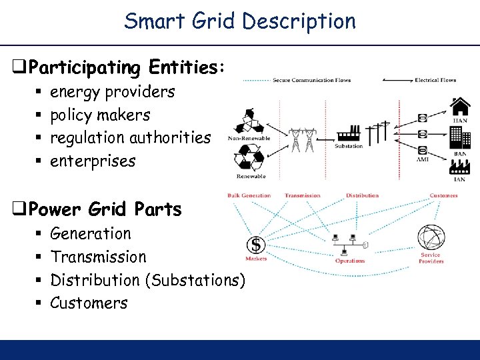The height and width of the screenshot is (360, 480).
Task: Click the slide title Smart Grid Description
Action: (x=240, y=21)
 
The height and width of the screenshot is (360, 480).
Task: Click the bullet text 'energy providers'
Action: (x=112, y=91)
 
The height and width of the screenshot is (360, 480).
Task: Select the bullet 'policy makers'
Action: (x=100, y=115)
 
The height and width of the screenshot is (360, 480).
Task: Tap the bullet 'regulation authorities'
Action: (x=130, y=138)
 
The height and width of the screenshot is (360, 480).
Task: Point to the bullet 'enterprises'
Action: (x=93, y=161)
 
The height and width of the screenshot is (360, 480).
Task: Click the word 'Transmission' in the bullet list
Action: (x=98, y=257)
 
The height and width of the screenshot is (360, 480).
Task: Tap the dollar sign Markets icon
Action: (x=255, y=245)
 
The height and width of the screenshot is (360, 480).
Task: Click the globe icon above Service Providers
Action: (x=430, y=239)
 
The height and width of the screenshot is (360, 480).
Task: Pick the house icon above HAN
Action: (x=460, y=107)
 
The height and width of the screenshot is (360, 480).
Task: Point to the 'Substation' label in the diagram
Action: (x=349, y=146)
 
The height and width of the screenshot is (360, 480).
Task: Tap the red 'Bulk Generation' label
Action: (x=249, y=195)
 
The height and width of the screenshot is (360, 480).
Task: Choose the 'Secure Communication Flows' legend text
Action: (x=311, y=81)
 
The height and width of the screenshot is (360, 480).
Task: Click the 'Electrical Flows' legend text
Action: (x=435, y=81)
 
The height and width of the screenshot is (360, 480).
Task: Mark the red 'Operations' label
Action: (x=350, y=261)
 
